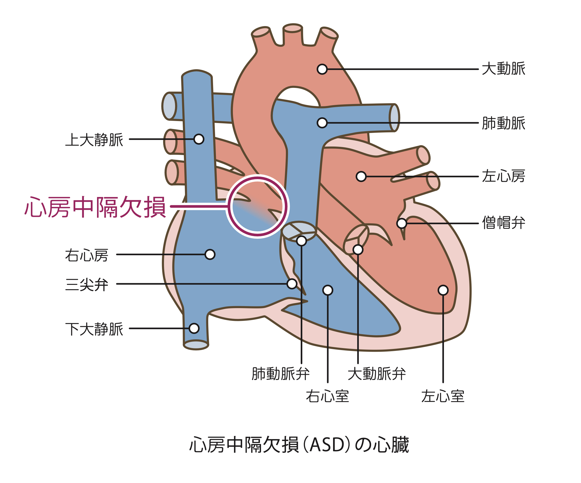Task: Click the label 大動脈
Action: click(x=504, y=69)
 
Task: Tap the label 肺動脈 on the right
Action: click(x=504, y=123)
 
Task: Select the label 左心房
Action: click(x=504, y=176)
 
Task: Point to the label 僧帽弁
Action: click(x=504, y=223)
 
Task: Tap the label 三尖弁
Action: click(x=87, y=285)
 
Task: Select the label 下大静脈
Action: click(x=94, y=329)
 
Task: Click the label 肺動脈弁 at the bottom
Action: click(x=281, y=374)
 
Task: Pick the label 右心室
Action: click(x=327, y=396)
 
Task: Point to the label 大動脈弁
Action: click(x=377, y=374)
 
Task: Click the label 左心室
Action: click(x=443, y=396)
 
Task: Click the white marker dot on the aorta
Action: click(x=322, y=69)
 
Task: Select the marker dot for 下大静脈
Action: click(x=194, y=329)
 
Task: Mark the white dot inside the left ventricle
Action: click(x=443, y=290)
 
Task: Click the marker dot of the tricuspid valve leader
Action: click(x=292, y=284)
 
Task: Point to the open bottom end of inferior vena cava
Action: click(x=196, y=345)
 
